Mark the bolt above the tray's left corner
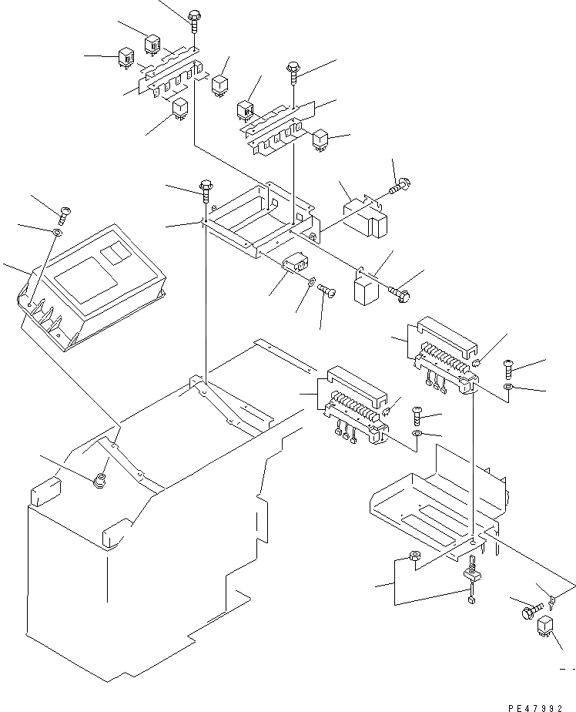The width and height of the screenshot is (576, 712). [206, 187]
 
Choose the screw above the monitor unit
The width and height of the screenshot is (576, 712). [64, 210]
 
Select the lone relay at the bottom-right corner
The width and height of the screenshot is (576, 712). [546, 627]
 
